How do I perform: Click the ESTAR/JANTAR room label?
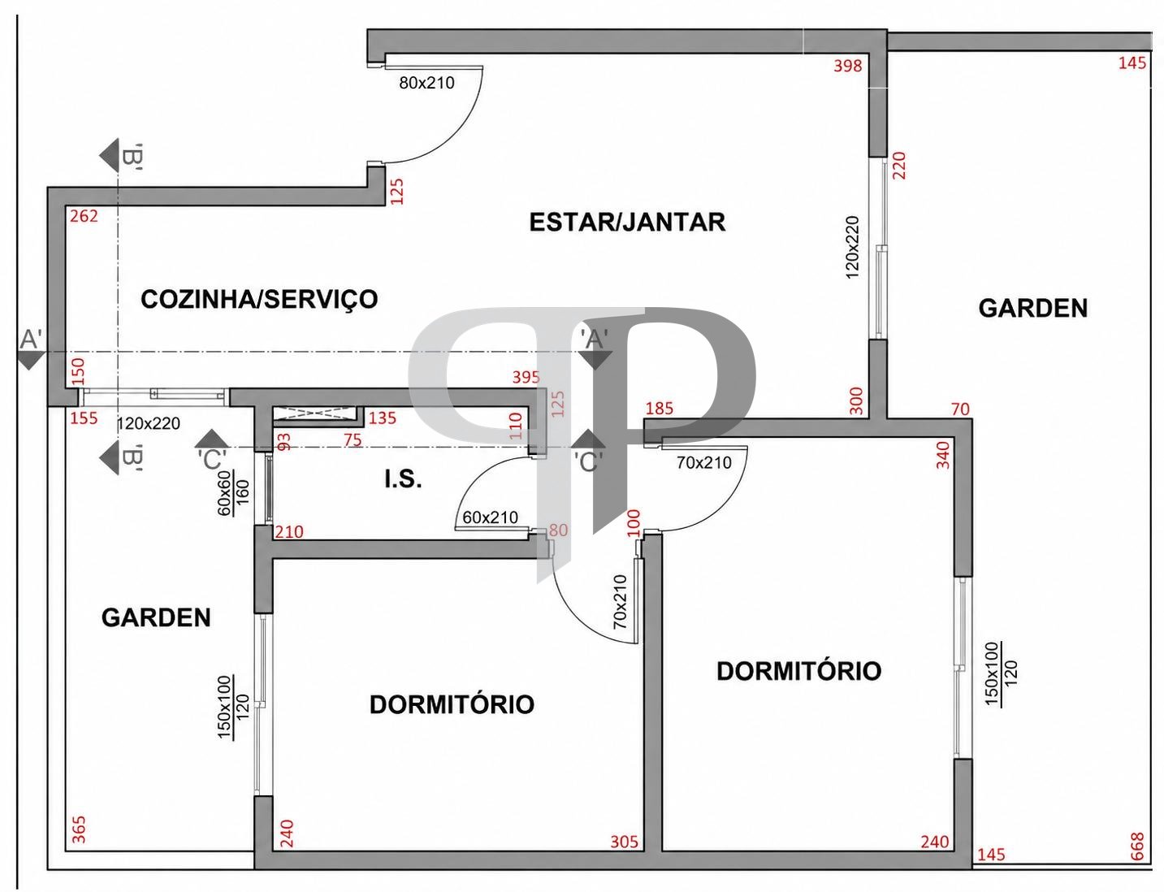(627, 223)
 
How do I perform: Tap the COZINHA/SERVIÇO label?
(259, 299)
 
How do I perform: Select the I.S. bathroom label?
(404, 479)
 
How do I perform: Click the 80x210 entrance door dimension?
(427, 83)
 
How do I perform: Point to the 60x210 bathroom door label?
(490, 517)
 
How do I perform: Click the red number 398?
(848, 66)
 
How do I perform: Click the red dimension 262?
(84, 216)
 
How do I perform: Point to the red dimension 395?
(526, 377)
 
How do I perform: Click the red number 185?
(659, 409)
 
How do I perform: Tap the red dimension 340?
(943, 455)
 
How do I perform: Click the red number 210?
(289, 532)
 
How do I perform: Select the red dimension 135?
(383, 418)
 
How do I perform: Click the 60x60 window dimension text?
(225, 493)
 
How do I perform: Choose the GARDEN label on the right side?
(1032, 308)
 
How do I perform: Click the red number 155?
(84, 418)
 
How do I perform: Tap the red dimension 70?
(960, 409)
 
